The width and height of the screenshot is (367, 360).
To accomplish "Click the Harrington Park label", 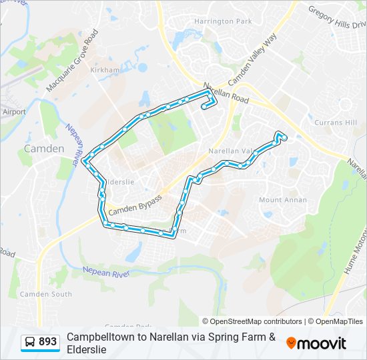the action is pyautogui.click(x=223, y=21).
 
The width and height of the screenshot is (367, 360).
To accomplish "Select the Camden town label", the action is pyautogui.click(x=44, y=149).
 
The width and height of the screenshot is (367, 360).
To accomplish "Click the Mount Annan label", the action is pyautogui.click(x=283, y=200).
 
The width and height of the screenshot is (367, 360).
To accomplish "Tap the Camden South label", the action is pyautogui.click(x=45, y=294).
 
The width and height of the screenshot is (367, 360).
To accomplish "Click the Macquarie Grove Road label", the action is pyautogui.click(x=72, y=60).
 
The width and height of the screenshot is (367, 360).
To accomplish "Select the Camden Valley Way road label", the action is pyautogui.click(x=252, y=61).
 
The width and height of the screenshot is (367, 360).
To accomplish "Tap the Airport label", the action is pyautogui.click(x=14, y=112).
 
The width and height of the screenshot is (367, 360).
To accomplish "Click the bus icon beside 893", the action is pyautogui.click(x=30, y=342).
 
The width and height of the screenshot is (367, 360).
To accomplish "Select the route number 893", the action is pyautogui.click(x=48, y=342).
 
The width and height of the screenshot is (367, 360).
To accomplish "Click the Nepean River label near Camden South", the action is pyautogui.click(x=105, y=271).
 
